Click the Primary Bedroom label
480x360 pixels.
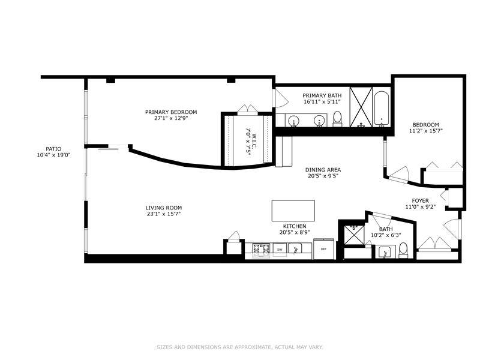coord(171,112)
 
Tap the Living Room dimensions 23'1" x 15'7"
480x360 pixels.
coord(164,214)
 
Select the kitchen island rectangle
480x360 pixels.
coord(293,211)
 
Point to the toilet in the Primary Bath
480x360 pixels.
coord(337,119)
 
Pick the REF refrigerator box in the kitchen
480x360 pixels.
coord(323,249)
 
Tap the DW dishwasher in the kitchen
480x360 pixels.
coord(280,250)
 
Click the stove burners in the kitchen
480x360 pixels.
coord(261,249)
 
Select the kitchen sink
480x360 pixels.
coord(295,248)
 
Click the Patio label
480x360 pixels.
coord(53,149)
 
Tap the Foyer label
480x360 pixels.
coord(421,201)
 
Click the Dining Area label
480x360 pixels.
coord(323,170)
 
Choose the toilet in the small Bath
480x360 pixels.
coord(403,250)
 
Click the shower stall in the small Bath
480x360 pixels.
coord(354,235)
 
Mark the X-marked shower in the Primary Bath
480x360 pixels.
coord(361,107)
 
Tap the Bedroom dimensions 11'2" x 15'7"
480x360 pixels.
coord(426,131)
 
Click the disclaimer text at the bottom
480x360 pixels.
coord(240,347)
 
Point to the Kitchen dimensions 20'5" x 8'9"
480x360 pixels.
coord(295,232)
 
